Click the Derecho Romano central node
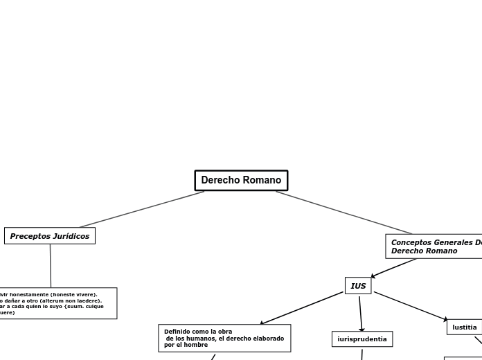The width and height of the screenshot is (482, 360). point(241,180)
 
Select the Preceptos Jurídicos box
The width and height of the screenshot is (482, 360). point(50,236)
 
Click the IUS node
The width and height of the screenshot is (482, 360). point(358,286)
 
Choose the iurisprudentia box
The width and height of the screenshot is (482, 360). point(362,339)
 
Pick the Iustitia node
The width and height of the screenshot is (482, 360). point(464,327)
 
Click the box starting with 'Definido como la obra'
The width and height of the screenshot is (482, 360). point(224,338)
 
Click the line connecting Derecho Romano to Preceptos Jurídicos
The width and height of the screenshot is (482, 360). point(142,209)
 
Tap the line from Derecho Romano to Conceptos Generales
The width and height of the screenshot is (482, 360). point(344,213)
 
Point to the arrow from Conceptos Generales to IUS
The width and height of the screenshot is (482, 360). point(393,268)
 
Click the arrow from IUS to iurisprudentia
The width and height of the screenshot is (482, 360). point(360,313)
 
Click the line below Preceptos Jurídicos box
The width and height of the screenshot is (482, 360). point(51,266)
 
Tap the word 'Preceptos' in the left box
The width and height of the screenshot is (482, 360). point(30,236)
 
